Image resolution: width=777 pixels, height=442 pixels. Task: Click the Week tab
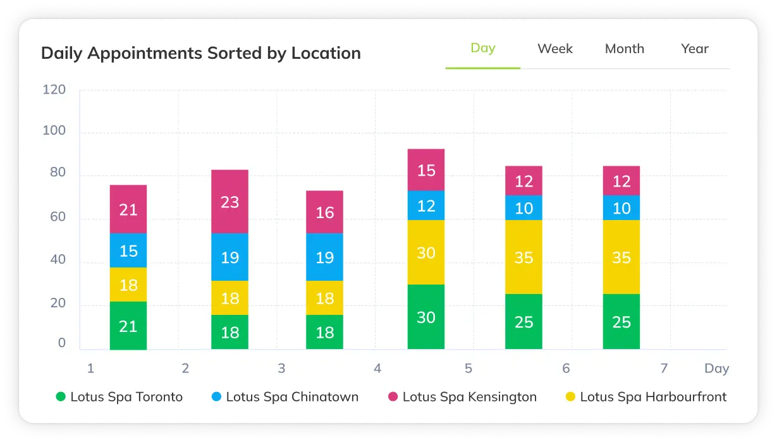point(554,49)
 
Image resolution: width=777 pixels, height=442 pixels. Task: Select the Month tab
point(624,49)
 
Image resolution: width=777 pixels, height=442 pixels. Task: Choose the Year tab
point(694,49)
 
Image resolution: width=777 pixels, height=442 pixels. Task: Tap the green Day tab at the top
point(482,48)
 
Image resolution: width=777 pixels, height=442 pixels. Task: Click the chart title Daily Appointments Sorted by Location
point(200,53)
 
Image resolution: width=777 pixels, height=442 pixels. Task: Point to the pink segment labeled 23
point(229,202)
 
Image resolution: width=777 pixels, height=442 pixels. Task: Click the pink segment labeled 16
point(324,212)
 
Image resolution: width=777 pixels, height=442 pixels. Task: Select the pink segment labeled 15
point(426,170)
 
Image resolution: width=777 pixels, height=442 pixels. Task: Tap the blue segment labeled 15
point(128,250)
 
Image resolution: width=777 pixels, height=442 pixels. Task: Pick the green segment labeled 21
point(128,326)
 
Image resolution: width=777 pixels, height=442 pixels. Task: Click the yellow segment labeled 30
point(426,252)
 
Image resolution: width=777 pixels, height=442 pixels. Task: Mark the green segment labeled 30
point(426,317)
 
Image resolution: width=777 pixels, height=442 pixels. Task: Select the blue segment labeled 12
point(426,206)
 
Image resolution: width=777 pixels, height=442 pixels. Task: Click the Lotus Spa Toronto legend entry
point(119,397)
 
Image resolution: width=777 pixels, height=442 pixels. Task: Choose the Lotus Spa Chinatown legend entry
point(284,397)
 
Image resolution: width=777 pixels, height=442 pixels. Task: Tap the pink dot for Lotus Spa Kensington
point(393,397)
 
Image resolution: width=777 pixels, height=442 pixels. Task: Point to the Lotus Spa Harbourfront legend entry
point(645,397)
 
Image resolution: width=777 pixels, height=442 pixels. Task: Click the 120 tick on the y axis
point(54,90)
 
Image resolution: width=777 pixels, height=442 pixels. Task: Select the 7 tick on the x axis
point(664,368)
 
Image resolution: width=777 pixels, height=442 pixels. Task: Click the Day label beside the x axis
point(716,368)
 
